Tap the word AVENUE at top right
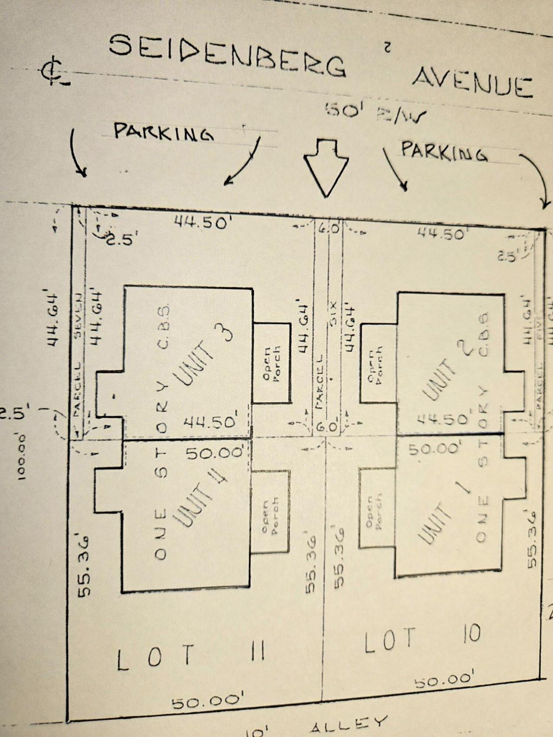pos(472,83)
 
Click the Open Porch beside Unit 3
pos(272,363)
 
